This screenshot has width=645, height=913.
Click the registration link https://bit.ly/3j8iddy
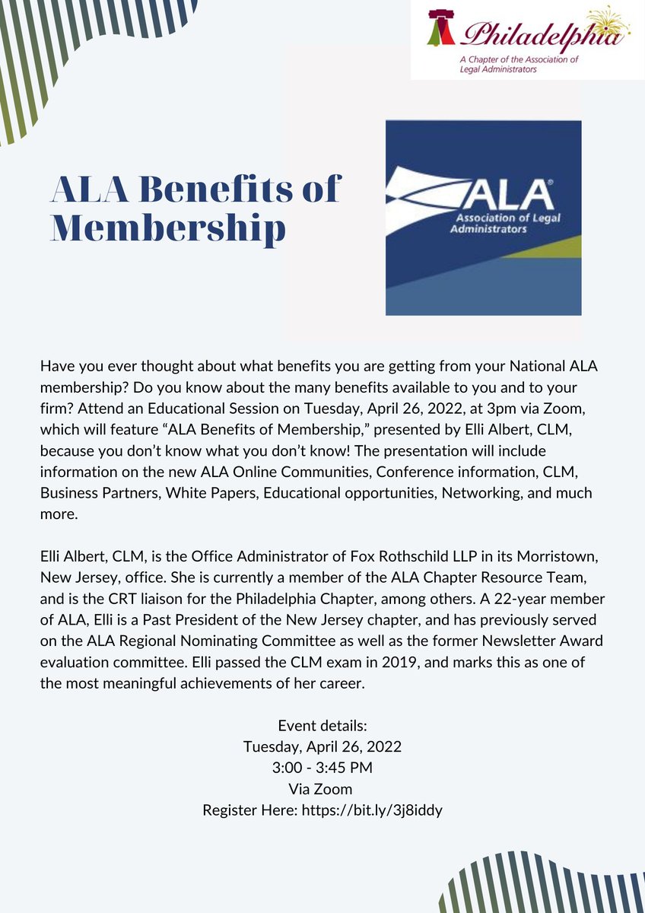(x=372, y=810)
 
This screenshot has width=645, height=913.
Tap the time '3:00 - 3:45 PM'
(x=322, y=768)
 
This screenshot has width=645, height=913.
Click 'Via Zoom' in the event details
(x=322, y=789)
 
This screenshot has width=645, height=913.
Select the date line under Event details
(x=322, y=746)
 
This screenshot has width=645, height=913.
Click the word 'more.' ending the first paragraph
(x=58, y=514)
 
